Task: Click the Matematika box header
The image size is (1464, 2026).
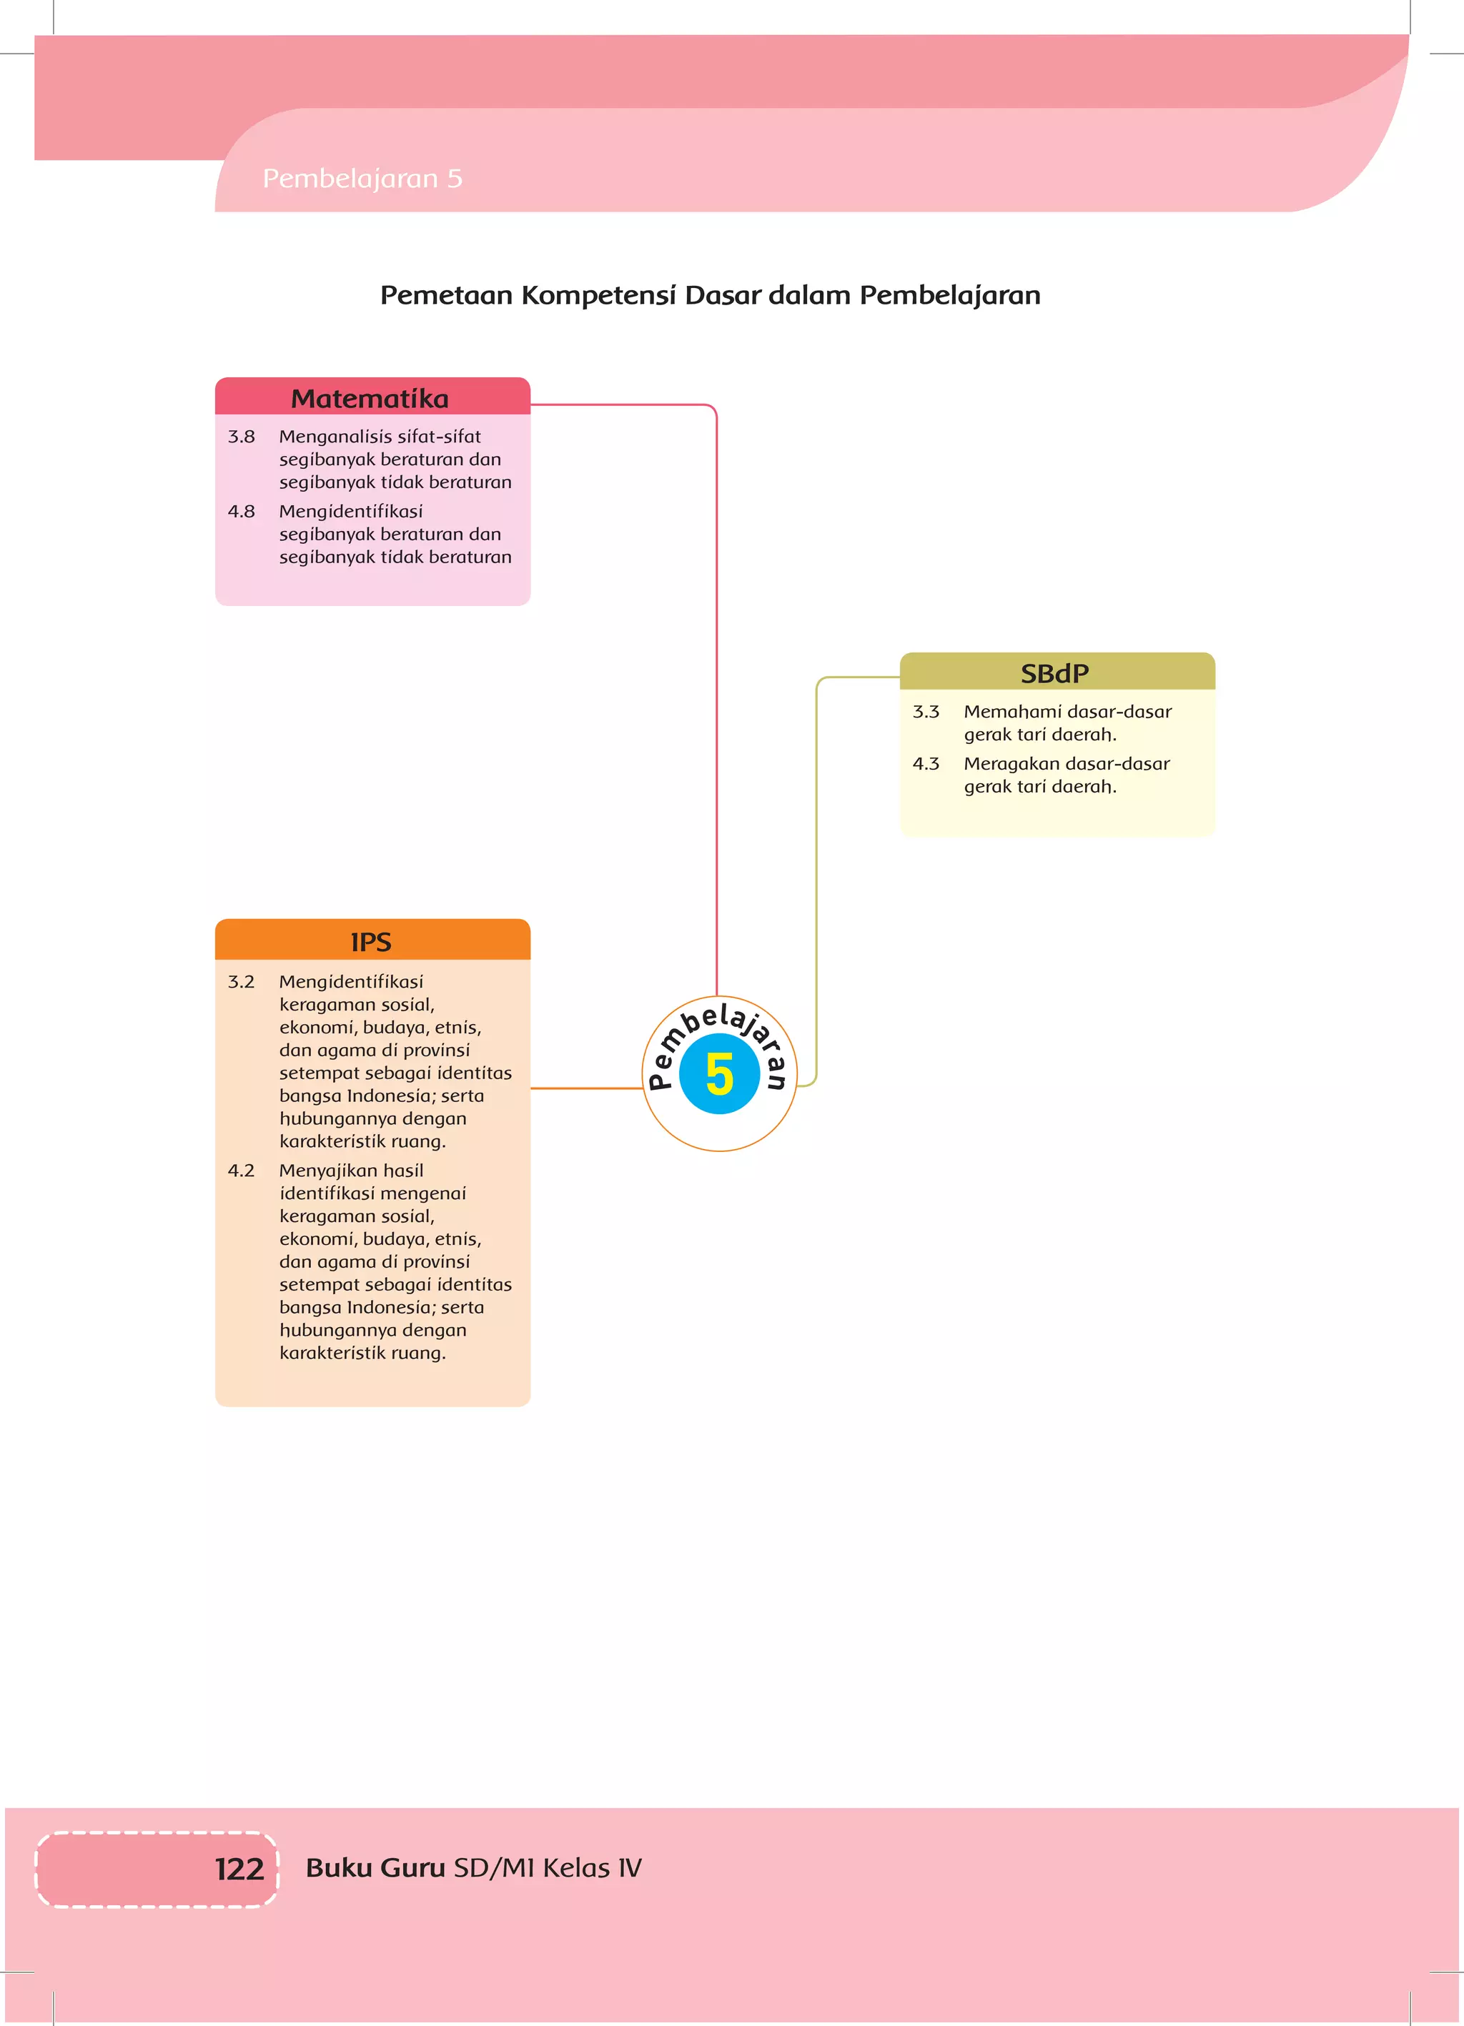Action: (x=370, y=399)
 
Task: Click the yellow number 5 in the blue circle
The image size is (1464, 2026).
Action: (x=718, y=1073)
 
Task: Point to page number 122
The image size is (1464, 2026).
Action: (x=239, y=1868)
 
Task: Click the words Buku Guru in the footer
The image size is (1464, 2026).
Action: (x=375, y=1867)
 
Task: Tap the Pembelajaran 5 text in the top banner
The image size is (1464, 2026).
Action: (x=362, y=179)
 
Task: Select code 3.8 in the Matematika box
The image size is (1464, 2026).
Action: (x=242, y=437)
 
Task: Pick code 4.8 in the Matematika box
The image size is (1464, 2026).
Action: (x=242, y=512)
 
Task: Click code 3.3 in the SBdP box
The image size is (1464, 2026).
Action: (x=926, y=712)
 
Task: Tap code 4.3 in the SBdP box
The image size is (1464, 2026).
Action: (x=926, y=764)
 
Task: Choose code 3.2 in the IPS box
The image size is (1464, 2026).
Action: (x=242, y=982)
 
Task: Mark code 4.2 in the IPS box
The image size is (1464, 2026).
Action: (x=242, y=1171)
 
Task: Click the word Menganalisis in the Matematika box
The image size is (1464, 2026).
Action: (x=335, y=437)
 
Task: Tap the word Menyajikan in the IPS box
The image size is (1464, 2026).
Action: (x=328, y=1171)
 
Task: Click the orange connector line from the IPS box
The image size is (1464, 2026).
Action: (x=586, y=1088)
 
